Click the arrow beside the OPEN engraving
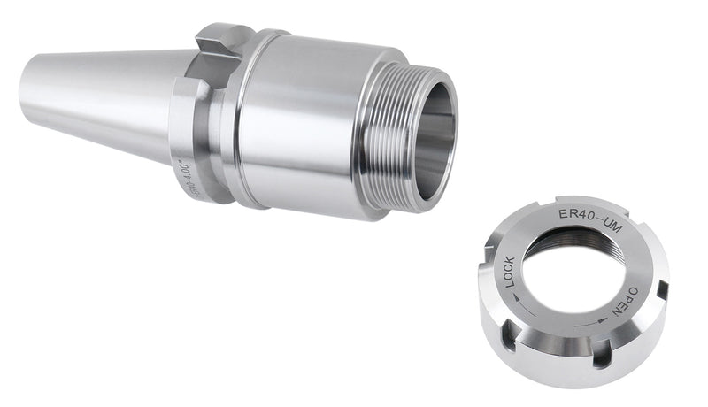tap(601, 320)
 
